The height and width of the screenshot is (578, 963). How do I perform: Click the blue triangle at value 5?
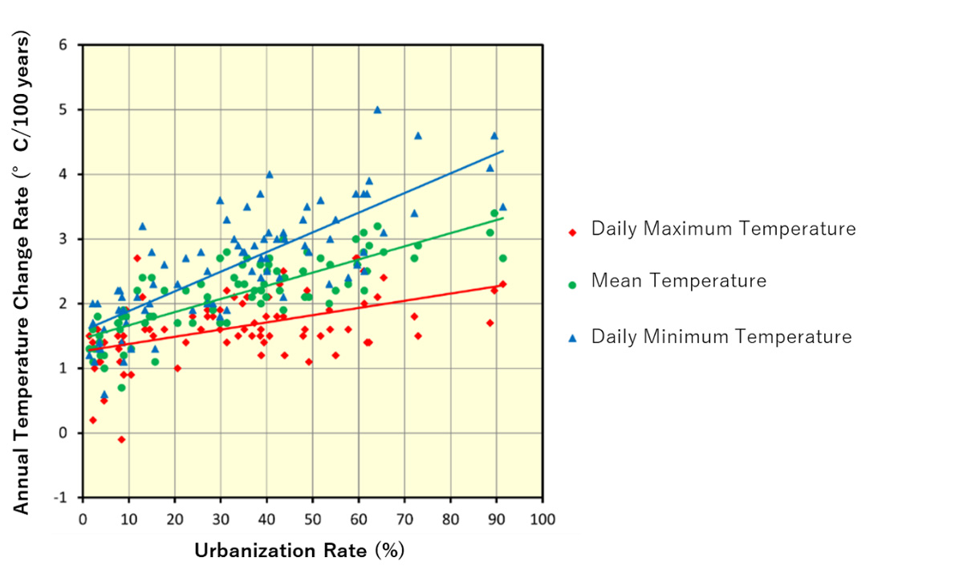(377, 110)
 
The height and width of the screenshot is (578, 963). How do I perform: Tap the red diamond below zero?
(121, 439)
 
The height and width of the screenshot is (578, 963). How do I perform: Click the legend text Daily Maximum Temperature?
(723, 229)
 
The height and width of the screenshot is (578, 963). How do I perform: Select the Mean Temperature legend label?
(678, 281)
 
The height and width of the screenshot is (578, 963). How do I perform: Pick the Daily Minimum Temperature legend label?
(721, 336)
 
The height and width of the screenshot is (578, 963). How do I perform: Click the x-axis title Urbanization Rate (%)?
(299, 551)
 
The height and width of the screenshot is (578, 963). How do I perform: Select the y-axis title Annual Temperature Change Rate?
(23, 273)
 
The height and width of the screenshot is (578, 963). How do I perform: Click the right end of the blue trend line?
(503, 151)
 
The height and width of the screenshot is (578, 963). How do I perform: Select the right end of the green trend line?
(503, 218)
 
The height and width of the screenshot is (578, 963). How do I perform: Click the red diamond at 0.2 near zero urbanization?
(93, 420)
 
